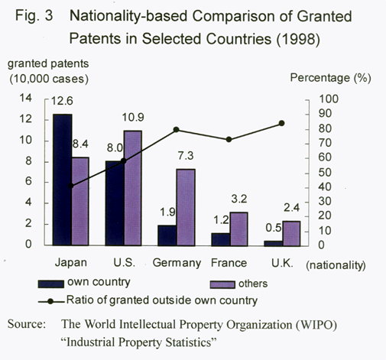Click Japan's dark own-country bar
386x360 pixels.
point(62,180)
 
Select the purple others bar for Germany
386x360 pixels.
point(186,207)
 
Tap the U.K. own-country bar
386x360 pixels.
point(274,244)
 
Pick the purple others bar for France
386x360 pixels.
point(238,229)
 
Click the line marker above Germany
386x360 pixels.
point(176,130)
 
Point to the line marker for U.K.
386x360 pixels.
point(281,123)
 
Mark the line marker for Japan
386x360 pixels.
point(71,186)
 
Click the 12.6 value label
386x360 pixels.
point(62,101)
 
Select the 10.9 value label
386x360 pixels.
point(133,117)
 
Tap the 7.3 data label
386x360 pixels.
point(186,156)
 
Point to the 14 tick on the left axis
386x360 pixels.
point(26,98)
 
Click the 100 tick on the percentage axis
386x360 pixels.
point(329,99)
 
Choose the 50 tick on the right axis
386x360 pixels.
point(325,173)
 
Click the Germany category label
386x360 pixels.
point(177,263)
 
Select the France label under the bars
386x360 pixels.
point(229,263)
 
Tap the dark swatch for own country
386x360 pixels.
point(50,284)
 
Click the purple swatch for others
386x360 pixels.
point(222,284)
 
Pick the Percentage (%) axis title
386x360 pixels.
point(330,78)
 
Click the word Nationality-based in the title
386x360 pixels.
point(128,16)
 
